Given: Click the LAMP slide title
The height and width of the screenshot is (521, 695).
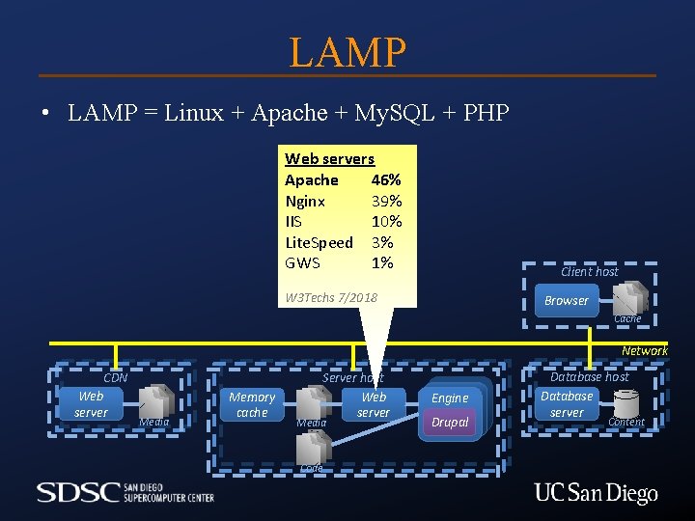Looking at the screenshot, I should coord(347,51).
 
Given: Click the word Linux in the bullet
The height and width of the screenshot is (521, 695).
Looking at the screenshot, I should coord(196,113).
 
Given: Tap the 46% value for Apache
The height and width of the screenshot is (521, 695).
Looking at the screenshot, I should coord(386,180).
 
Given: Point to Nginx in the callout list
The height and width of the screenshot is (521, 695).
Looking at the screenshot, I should coord(305,201).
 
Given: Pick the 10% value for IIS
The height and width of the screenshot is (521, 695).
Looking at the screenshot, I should coord(386,221).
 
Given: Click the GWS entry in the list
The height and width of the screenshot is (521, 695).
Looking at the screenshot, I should coord(302,262).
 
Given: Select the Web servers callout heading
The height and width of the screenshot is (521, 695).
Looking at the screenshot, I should coord(329,159).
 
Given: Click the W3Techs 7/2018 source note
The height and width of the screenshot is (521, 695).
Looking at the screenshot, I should coord(331,297).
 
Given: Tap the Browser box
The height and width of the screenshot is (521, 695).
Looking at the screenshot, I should coord(566,300).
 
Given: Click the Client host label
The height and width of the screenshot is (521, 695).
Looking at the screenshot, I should coord(589,272).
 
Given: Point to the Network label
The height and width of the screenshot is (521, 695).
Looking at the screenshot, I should coord(644,350).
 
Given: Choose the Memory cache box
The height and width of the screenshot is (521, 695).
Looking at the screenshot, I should coord(252,404).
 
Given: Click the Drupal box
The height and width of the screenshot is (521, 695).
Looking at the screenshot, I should coord(450,423).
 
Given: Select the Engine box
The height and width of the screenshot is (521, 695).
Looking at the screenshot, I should coord(450,398).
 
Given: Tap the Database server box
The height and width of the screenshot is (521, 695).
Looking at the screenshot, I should coord(567,404).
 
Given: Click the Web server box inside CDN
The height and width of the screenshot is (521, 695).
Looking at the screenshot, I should coord(91,404).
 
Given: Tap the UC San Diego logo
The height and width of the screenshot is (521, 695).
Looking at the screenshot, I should coord(596,494).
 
